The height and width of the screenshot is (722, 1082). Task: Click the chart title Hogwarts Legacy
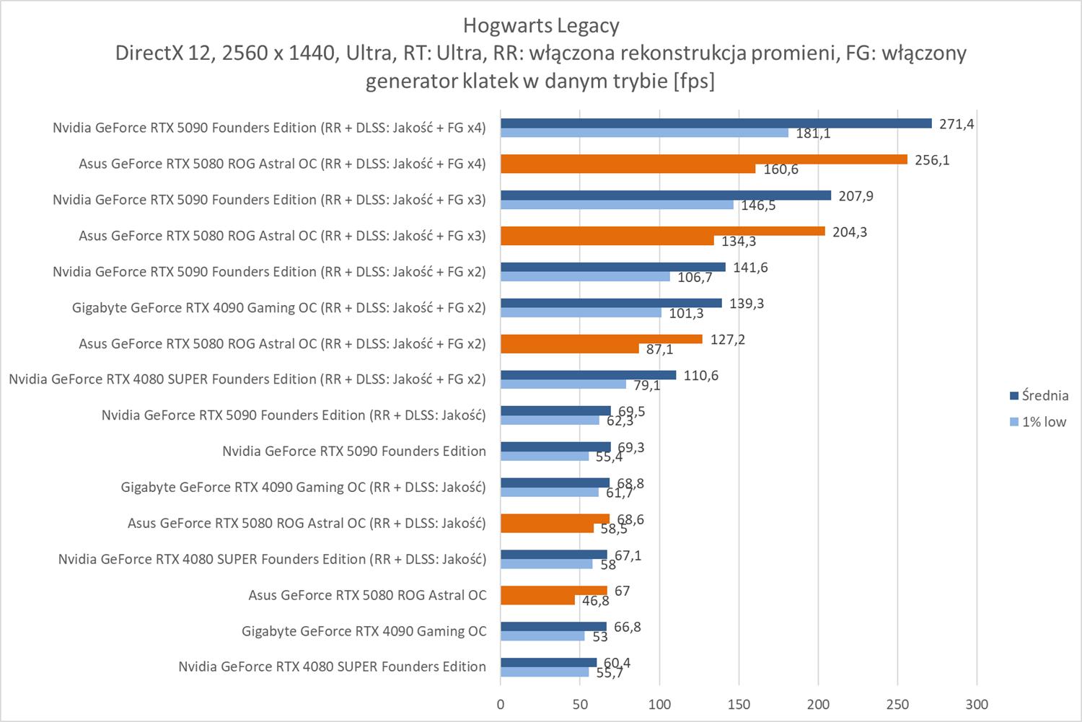540,26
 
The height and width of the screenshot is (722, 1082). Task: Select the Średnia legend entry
1038,395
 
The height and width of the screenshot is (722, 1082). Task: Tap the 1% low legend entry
1038,422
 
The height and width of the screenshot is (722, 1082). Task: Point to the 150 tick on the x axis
739,704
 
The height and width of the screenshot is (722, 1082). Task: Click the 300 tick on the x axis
976,704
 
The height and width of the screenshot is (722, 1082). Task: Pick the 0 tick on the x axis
501,704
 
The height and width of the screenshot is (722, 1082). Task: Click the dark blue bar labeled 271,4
716,123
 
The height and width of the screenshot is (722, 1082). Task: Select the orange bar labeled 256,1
703,159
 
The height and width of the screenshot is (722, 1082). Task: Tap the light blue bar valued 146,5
617,205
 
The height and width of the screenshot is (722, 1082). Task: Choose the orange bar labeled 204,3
662,231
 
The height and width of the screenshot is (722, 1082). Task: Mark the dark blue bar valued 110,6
588,375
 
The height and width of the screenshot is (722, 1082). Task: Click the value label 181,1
813,133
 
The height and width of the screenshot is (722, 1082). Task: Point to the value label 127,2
727,339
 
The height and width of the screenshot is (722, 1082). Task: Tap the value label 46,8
596,601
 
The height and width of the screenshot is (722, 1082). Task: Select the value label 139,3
747,303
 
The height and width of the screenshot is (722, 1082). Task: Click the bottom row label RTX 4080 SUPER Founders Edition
332,666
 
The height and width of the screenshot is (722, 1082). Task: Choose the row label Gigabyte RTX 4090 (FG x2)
278,308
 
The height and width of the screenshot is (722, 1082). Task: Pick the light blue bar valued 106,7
585,277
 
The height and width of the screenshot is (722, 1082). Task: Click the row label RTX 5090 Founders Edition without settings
353,452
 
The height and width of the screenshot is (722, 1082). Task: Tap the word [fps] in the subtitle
693,82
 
